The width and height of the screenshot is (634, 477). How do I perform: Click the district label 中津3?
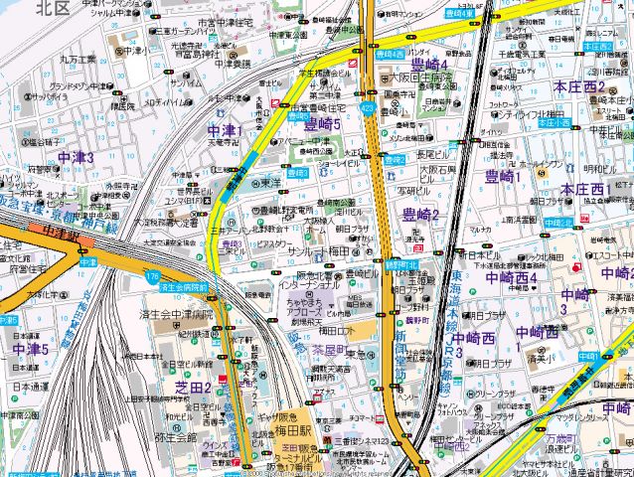(x=76, y=157)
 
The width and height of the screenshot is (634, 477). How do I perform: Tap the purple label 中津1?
(x=226, y=131)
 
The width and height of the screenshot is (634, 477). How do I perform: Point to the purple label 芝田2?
(x=193, y=388)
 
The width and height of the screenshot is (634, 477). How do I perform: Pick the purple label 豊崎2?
(x=420, y=215)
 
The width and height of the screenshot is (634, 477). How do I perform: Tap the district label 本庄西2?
(x=580, y=87)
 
